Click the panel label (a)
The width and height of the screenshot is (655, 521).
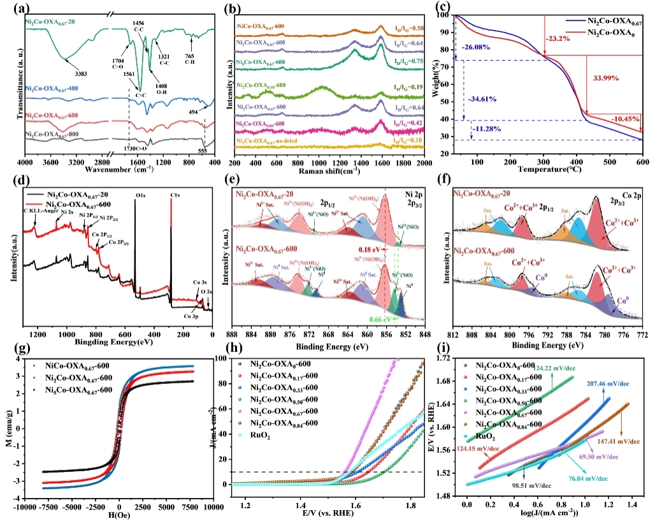[12, 9]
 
